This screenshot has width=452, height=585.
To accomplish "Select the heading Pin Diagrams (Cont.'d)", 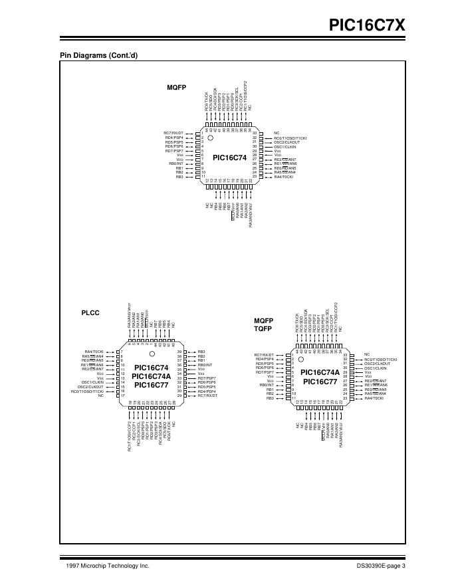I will tap(99, 55).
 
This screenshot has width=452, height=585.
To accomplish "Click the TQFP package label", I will tap(264, 328).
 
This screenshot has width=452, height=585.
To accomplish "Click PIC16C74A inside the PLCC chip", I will tap(150, 376).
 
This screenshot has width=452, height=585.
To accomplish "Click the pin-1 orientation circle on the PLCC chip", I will tap(152, 354).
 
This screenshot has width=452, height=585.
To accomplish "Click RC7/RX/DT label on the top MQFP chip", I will tap(174, 133).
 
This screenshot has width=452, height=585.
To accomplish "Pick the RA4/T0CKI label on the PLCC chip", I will tap(94, 351).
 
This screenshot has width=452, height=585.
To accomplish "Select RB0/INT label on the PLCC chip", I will tap(205, 365).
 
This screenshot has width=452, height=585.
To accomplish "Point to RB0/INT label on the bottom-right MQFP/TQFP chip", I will tap(267, 385).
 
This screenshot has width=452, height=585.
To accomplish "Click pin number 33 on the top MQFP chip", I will tap(254, 133).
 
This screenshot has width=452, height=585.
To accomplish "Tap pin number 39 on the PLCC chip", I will tap(179, 351).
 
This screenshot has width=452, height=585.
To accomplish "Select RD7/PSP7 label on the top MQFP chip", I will tap(174, 151).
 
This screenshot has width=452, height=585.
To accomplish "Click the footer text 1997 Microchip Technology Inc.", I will tap(108, 566).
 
